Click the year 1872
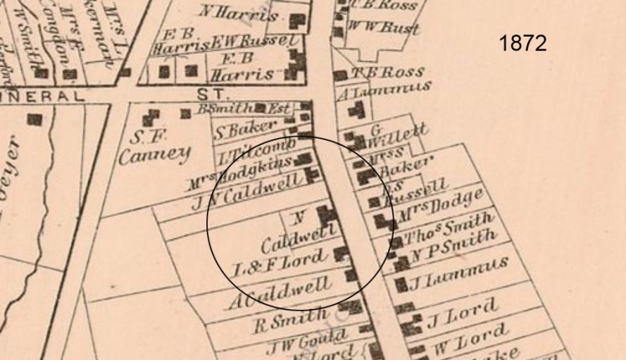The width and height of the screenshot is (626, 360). point(522,44)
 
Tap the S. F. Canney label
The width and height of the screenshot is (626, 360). point(154,145)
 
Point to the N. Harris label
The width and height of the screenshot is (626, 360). point(240,13)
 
